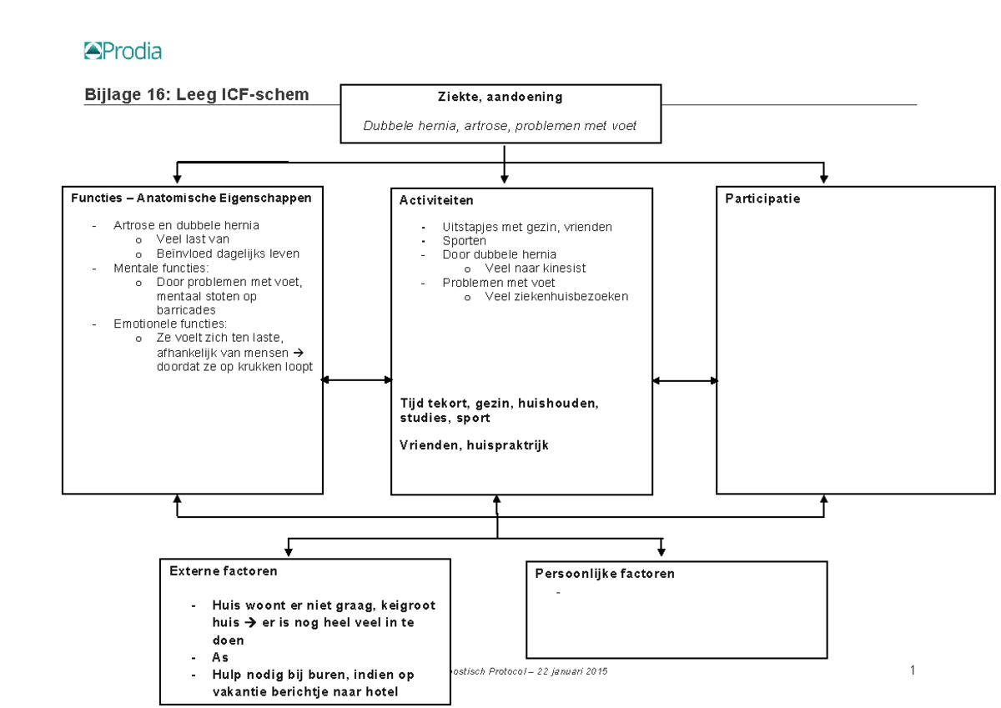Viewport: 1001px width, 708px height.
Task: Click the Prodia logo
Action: pos(123,52)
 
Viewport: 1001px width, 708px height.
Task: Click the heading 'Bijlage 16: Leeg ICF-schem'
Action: pos(197,95)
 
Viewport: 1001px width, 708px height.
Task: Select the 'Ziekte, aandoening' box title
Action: pos(500,97)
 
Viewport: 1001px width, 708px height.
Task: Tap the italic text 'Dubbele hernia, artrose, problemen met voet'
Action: pos(500,126)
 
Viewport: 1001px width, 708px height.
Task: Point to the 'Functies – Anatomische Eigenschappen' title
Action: pos(191,198)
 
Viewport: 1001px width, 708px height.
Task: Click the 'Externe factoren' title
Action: pos(223,572)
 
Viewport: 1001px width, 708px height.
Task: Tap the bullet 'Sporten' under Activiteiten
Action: pos(464,241)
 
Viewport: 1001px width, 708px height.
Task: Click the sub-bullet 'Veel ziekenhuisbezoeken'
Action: pos(556,296)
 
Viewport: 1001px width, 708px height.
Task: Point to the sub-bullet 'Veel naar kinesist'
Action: pos(535,269)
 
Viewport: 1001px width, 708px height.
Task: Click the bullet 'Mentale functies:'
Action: pos(161,269)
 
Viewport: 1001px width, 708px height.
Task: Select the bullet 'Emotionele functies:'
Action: pos(169,324)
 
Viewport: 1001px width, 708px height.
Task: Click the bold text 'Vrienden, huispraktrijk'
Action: pos(474,445)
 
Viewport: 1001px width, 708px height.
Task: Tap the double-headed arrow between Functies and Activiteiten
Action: pos(357,380)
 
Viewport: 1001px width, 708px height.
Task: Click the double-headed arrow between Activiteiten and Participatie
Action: pos(684,380)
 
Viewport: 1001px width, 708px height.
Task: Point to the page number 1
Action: pos(913,670)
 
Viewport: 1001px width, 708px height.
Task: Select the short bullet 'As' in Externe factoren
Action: pos(220,658)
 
